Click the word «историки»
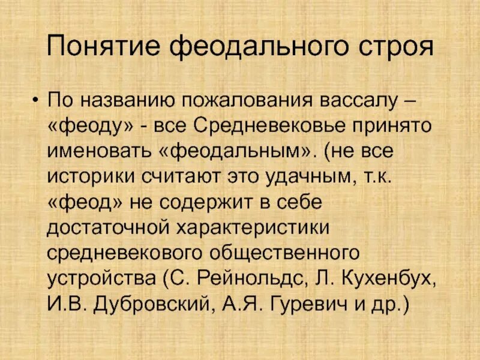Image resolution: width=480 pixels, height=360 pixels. point(92,177)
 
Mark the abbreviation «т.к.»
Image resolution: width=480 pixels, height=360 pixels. point(381,177)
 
